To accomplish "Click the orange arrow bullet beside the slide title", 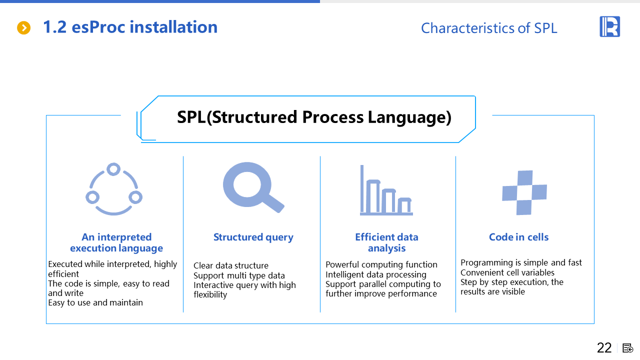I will tap(24, 28).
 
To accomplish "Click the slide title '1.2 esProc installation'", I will tap(130, 27).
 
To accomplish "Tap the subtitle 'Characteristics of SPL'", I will tap(488, 28).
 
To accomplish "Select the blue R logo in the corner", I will tap(609, 26).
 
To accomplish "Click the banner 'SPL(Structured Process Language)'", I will tap(314, 117).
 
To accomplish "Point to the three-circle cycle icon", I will tap(114, 189).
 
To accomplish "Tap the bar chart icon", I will tap(386, 191).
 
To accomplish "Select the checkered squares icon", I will tap(524, 192).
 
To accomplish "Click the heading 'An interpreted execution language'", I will tap(116, 242).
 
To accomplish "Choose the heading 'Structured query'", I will tap(253, 237).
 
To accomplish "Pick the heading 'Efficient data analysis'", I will tap(386, 242).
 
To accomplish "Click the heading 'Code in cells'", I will tap(518, 237).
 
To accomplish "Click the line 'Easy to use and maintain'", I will tap(95, 302).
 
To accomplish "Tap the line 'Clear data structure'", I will tap(231, 265).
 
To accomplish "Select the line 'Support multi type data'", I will tap(239, 275).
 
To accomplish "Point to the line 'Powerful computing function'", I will tap(381, 264).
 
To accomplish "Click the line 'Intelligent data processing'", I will tap(376, 274).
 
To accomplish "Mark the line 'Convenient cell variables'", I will tap(507, 272).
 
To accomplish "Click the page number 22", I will tap(604, 348).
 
